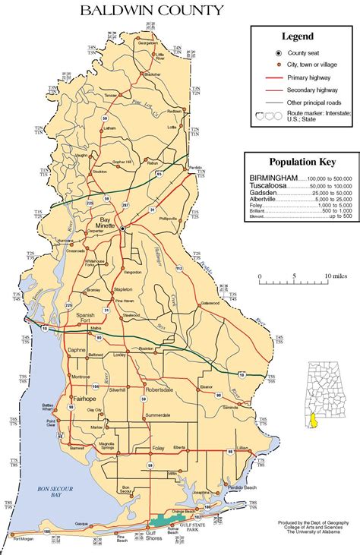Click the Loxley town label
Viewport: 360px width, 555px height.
pyautogui.click(x=118, y=354)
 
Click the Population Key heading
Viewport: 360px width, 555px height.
pyautogui.click(x=301, y=161)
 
